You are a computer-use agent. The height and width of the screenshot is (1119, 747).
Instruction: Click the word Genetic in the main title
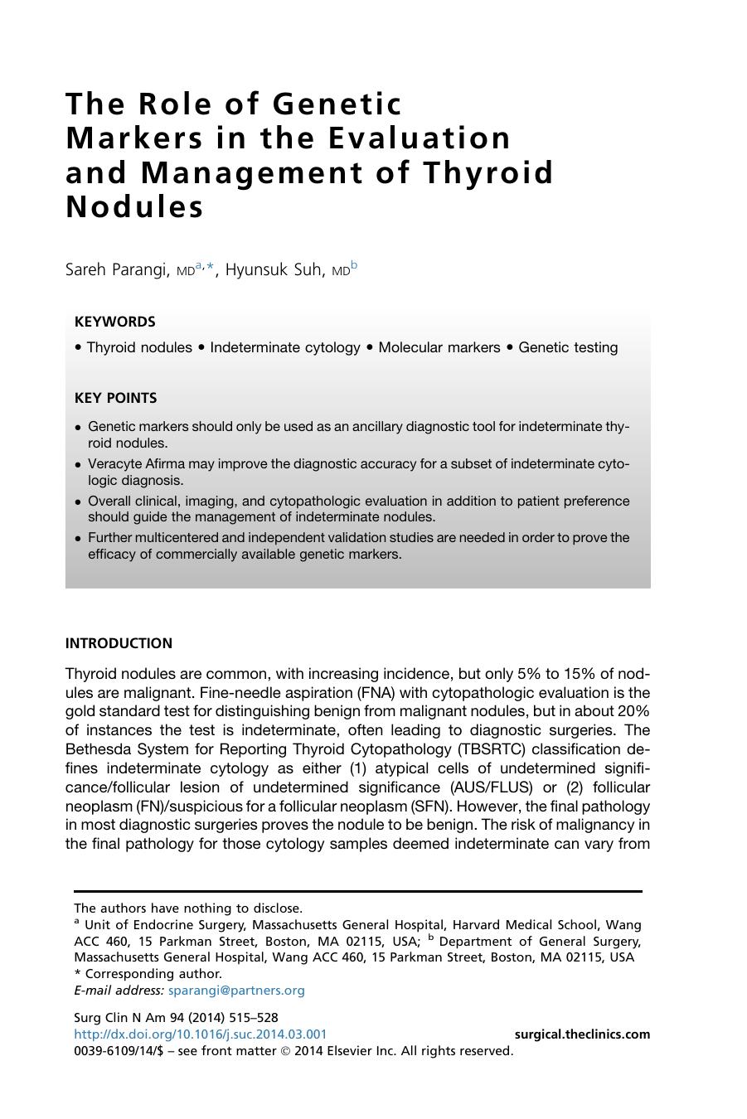337,104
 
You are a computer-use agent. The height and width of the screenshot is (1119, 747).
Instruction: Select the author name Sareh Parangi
118,269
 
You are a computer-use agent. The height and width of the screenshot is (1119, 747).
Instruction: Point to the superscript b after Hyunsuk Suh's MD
354,265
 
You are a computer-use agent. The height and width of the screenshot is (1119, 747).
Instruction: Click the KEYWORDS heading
114,322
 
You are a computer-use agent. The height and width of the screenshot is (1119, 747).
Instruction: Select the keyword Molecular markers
439,347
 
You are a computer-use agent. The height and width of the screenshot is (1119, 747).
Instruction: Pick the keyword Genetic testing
568,347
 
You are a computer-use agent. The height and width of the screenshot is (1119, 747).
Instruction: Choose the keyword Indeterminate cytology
284,347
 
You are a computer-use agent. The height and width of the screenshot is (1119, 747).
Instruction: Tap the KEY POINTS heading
115,398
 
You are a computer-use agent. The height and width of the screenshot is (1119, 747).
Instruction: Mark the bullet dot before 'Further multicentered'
78,539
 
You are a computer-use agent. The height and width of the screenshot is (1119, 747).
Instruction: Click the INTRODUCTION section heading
119,643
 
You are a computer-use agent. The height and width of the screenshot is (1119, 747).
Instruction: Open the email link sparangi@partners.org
236,990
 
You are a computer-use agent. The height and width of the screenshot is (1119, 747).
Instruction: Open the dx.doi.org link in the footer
200,1034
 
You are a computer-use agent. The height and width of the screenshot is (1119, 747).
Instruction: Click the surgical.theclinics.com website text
582,1034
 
